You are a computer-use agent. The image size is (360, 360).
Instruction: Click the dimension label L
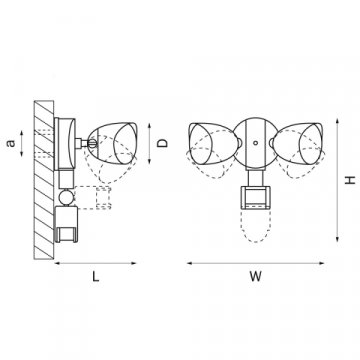coord(96,277)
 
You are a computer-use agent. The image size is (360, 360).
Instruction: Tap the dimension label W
coord(256,277)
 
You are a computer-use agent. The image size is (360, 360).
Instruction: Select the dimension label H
coord(350,180)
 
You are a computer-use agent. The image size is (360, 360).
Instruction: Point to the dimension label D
coord(162,143)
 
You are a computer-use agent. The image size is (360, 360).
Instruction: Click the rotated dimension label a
coord(11,143)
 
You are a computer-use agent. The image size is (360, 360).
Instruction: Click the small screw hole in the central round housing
coord(255,143)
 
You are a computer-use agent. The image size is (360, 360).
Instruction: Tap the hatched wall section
coord(44,180)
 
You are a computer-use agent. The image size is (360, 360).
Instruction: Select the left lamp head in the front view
coord(213,143)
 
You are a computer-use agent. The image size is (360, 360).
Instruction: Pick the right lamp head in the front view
coord(298,143)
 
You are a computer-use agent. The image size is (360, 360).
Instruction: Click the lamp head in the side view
coord(113,143)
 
